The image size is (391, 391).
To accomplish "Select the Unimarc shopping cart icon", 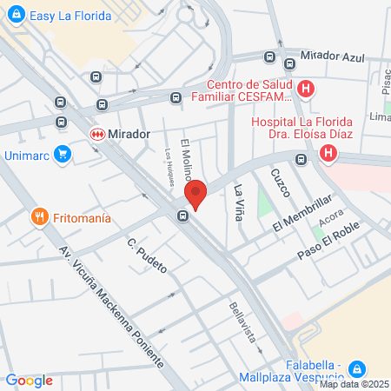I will (62, 155).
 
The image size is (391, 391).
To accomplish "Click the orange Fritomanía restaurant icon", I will (38, 217).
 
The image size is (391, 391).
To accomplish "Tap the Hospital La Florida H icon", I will (328, 154).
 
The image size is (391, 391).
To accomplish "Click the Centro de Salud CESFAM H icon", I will (305, 89).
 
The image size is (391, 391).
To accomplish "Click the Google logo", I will (29, 380).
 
